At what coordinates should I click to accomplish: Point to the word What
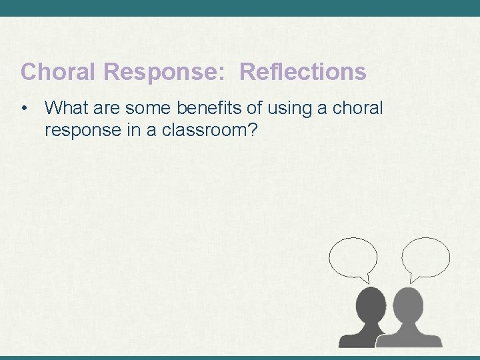tap(65, 107)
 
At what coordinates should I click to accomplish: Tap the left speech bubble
tap(353, 257)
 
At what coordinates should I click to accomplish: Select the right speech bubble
tap(426, 257)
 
